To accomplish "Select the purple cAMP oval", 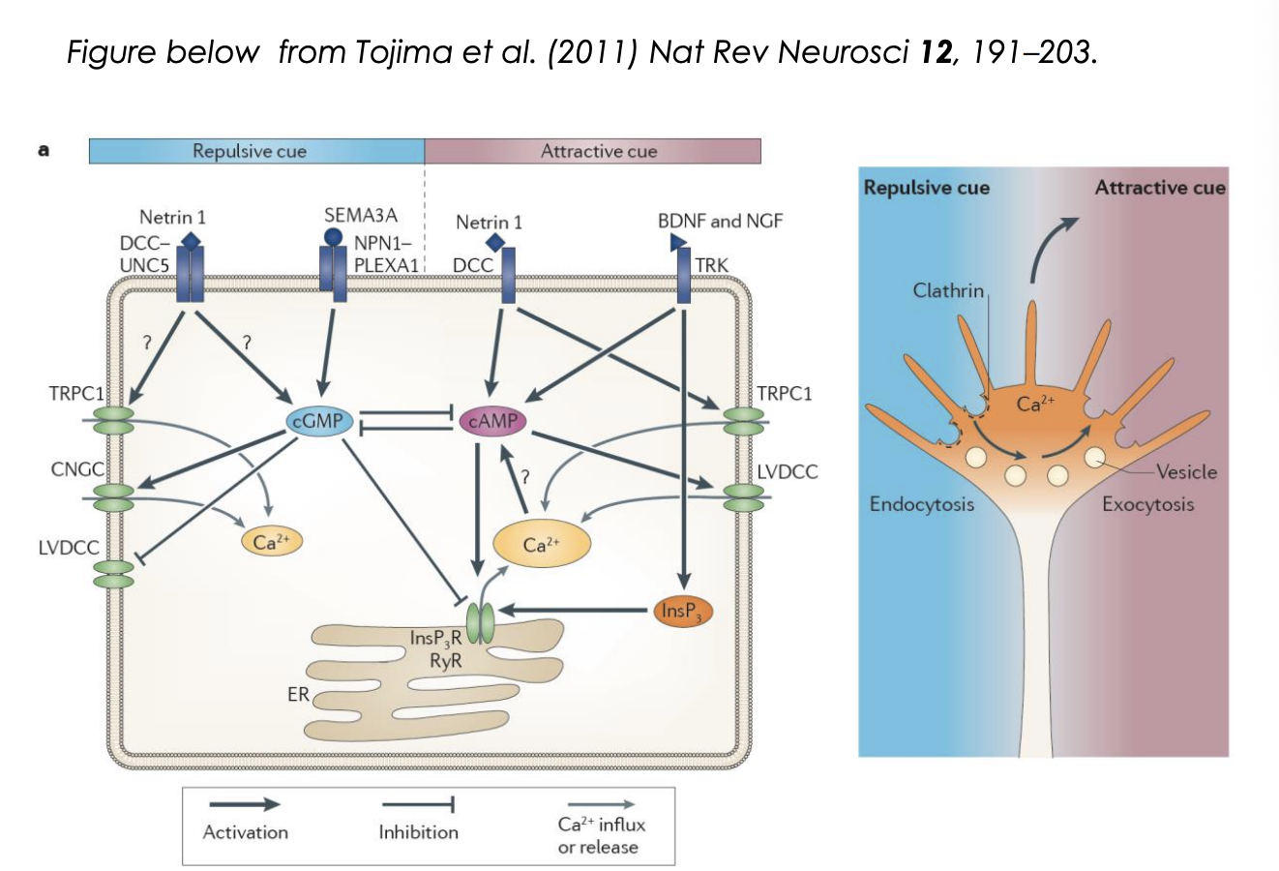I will coord(492,421).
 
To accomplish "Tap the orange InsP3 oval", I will coord(683,611).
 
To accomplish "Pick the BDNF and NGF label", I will coord(720,221).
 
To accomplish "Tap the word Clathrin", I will coord(948,290).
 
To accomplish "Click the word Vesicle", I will coord(1186,471).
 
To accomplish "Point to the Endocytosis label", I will coord(921,504).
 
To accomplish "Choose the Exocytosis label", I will coord(1147,504).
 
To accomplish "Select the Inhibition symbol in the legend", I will coord(418,804).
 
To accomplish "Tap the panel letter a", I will coord(43,150).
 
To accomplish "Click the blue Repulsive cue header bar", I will coord(256,151).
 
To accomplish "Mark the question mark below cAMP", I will coord(526,477).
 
